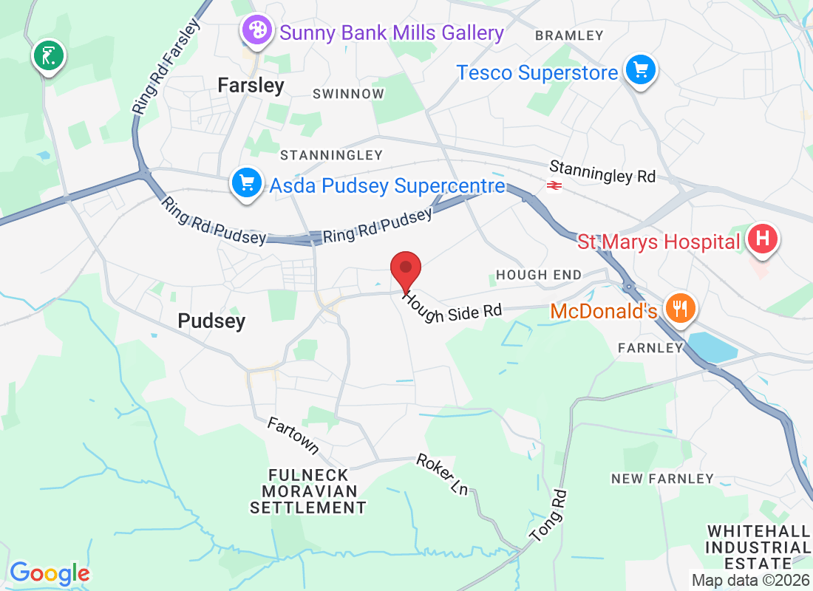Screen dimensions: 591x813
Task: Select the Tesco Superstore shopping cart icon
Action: pos(640,71)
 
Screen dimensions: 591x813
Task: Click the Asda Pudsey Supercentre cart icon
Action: pos(245,182)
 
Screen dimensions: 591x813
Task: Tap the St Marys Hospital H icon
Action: pos(763,239)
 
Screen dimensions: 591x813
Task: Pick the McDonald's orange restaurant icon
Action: pos(677,307)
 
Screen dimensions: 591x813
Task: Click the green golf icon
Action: pos(49,56)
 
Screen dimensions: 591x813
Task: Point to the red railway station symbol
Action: pos(554,185)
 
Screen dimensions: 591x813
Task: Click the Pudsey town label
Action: pos(211,321)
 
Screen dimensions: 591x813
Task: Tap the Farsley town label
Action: pos(251,86)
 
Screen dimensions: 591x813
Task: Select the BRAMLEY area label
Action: pos(569,35)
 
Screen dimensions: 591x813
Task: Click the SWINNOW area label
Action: pos(348,94)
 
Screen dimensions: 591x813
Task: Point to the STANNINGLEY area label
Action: pos(331,155)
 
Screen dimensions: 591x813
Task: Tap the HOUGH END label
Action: pos(539,275)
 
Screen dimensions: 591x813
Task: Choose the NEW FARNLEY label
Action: pos(662,479)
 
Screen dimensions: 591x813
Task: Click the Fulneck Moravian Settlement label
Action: pos(308,491)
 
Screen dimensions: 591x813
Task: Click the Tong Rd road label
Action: pos(548,516)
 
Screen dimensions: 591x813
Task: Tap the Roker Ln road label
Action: pos(443,474)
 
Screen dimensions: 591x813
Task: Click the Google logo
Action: pos(50,573)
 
